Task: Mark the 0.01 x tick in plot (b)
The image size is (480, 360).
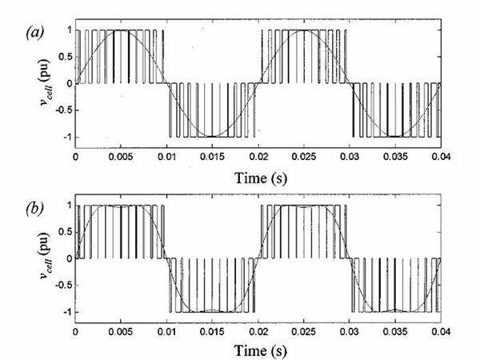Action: [166, 331]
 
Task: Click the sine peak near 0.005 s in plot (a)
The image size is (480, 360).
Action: [120, 30]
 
